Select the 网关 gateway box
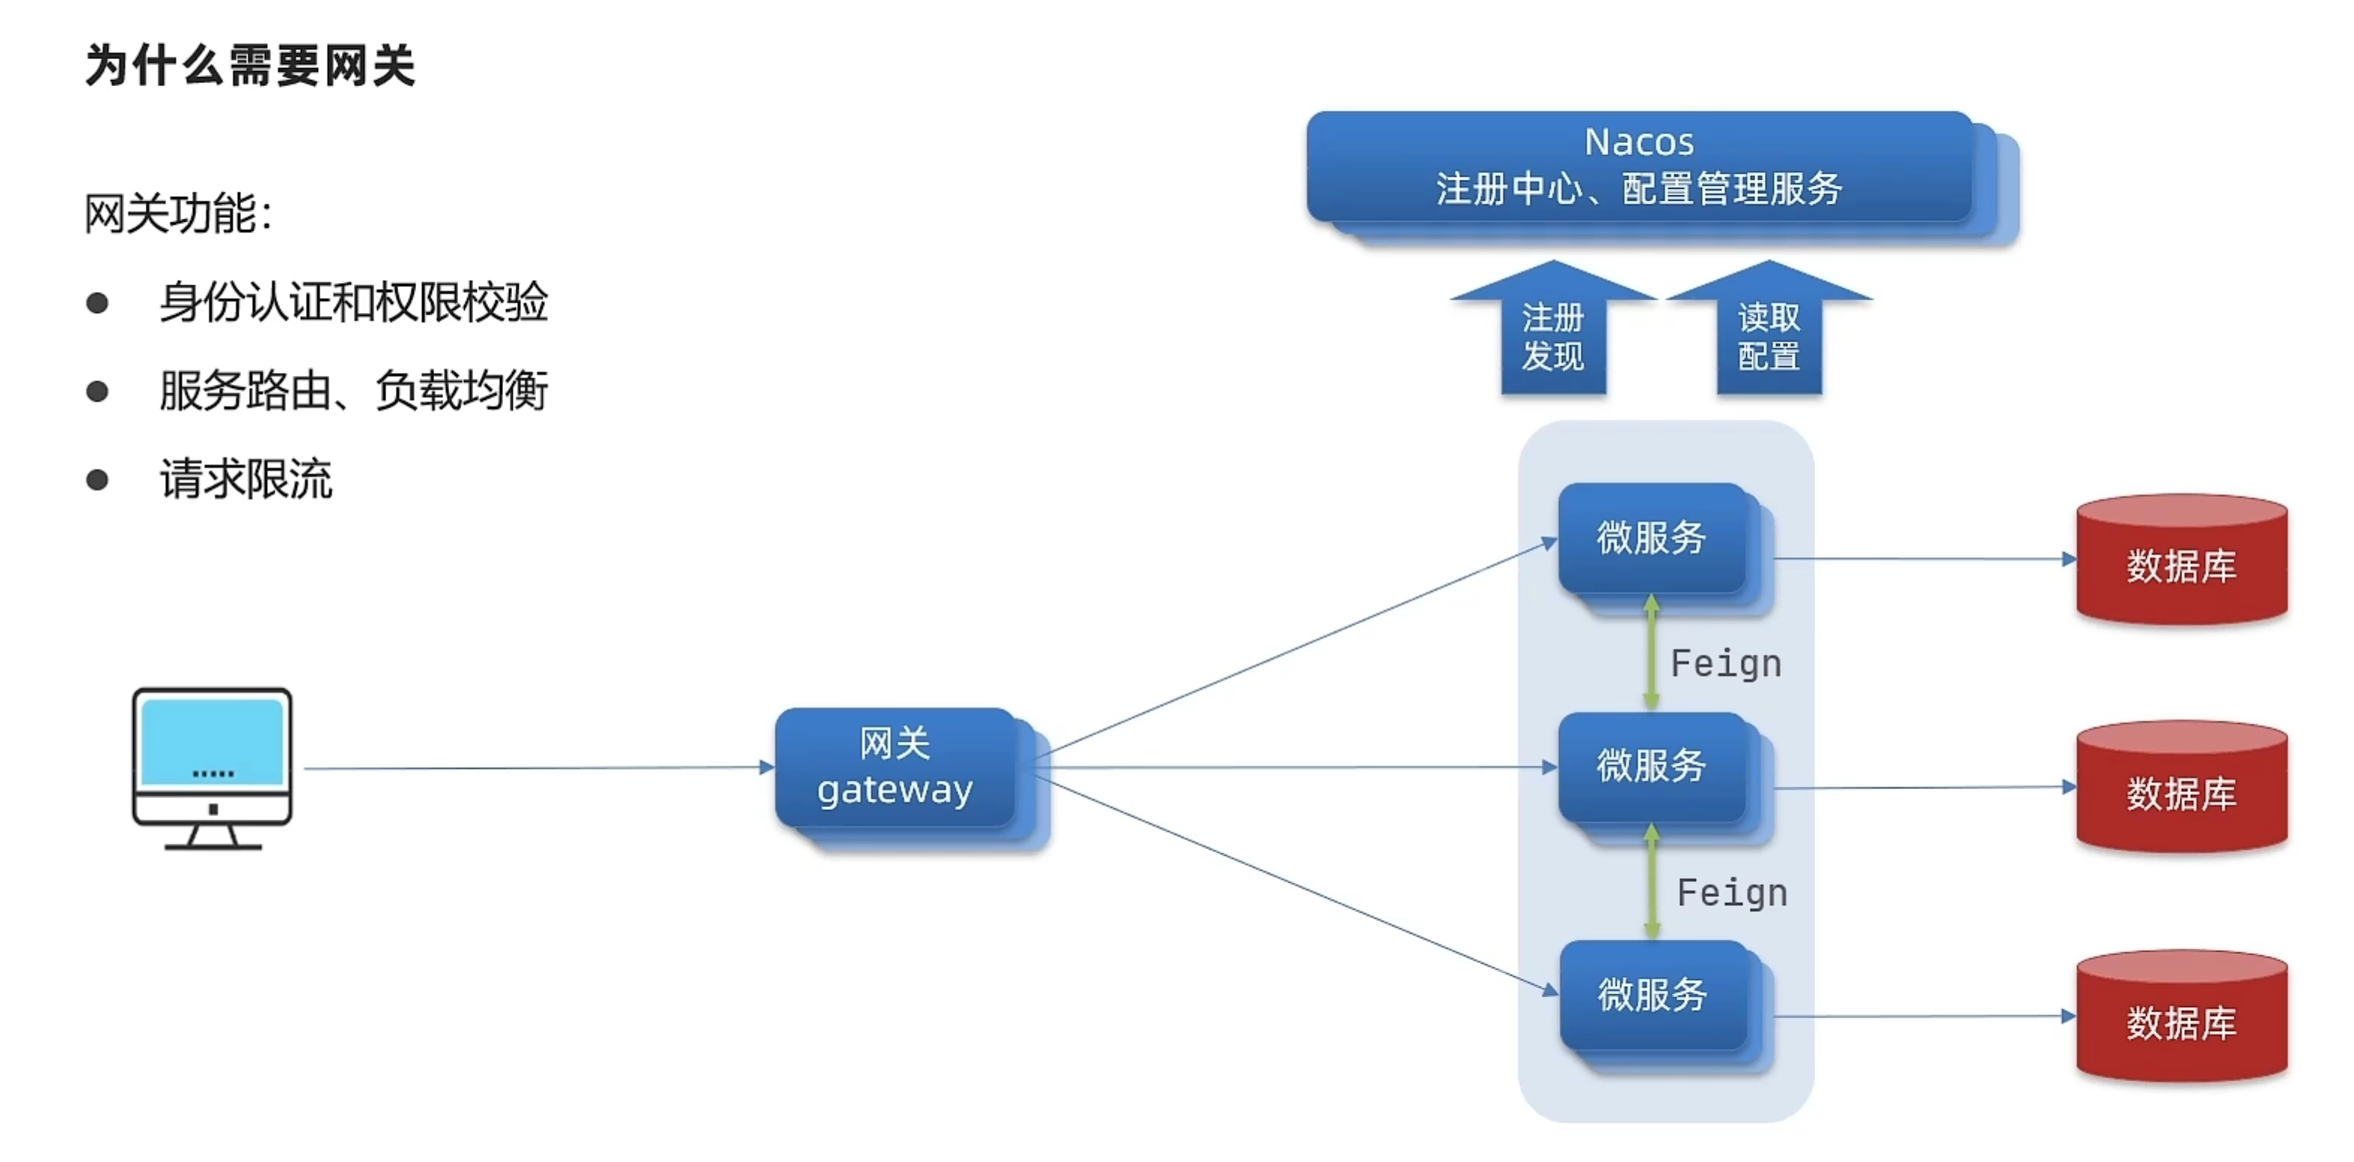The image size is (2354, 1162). pyautogui.click(x=895, y=768)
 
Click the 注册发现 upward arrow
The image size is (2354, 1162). pyautogui.click(x=1552, y=335)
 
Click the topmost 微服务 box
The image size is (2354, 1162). pyautogui.click(x=1651, y=538)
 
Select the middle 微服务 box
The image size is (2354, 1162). pyautogui.click(x=1651, y=766)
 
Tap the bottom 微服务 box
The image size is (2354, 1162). pyautogui.click(x=1652, y=995)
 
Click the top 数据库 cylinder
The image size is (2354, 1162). pyautogui.click(x=2181, y=563)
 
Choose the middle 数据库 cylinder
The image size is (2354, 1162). pyautogui.click(x=2181, y=791)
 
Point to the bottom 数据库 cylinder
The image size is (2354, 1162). pyautogui.click(x=2181, y=1020)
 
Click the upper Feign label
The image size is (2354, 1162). pyautogui.click(x=1726, y=664)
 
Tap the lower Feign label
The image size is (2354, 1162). pyautogui.click(x=1733, y=893)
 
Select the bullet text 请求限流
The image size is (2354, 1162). pyautogui.click(x=246, y=479)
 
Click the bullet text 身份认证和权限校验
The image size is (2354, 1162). pyautogui.click(x=353, y=302)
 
